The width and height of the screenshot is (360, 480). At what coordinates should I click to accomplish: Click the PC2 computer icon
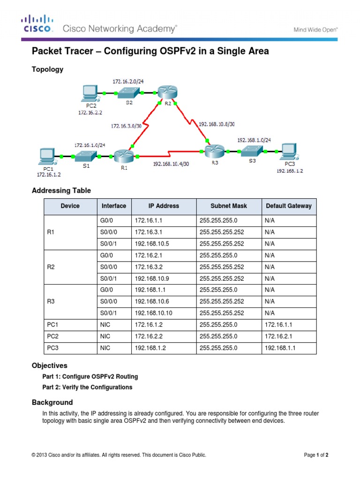(90, 93)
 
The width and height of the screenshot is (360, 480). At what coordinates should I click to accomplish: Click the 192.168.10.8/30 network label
(217, 125)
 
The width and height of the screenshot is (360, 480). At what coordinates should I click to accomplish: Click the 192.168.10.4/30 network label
(171, 164)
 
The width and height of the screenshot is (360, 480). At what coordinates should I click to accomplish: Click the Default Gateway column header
(288, 206)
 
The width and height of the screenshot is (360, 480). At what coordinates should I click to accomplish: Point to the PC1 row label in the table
(52, 325)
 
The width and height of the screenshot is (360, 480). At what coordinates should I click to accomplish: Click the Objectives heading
(50, 366)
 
